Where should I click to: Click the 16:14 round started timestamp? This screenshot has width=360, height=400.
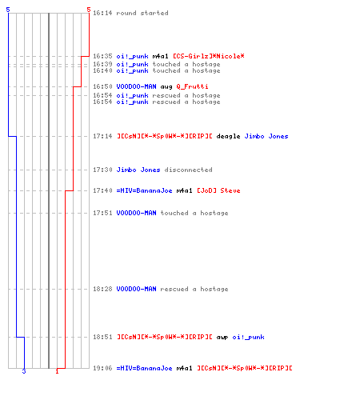click(102, 13)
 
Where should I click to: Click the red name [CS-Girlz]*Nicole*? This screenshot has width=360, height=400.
click(209, 56)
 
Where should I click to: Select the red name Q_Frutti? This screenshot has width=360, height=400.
click(192, 86)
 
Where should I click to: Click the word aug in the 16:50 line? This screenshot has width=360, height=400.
click(166, 87)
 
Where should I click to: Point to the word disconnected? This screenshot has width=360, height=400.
click(189, 170)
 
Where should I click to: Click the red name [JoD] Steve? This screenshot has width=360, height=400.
click(218, 190)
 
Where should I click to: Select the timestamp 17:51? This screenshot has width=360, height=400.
click(102, 213)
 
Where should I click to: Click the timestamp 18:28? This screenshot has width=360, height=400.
click(102, 289)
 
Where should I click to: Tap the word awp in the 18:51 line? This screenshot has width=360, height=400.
click(222, 338)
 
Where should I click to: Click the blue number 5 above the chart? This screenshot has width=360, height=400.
click(8, 10)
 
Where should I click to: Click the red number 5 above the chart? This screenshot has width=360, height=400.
click(89, 10)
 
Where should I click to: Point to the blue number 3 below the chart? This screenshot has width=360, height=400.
click(24, 371)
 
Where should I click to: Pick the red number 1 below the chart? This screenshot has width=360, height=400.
click(57, 371)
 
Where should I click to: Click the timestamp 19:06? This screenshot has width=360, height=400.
click(102, 368)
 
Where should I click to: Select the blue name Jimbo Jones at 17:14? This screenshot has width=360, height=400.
click(266, 136)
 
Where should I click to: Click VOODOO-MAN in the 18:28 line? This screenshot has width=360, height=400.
click(136, 289)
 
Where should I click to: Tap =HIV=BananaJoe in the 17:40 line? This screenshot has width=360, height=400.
click(144, 190)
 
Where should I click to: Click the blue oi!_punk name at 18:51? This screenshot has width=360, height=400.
click(248, 337)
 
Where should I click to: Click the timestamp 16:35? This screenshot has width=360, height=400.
click(102, 56)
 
